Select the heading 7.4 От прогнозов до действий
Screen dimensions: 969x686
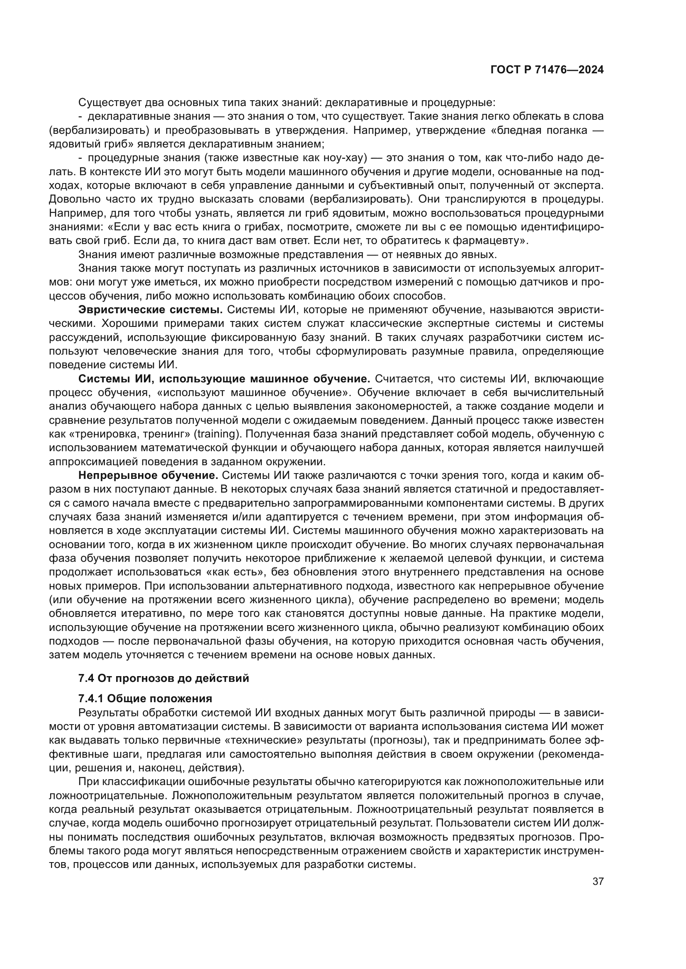(x=163, y=678)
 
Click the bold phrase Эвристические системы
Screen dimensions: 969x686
(x=151, y=310)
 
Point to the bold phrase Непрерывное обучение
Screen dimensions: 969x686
(x=148, y=476)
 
